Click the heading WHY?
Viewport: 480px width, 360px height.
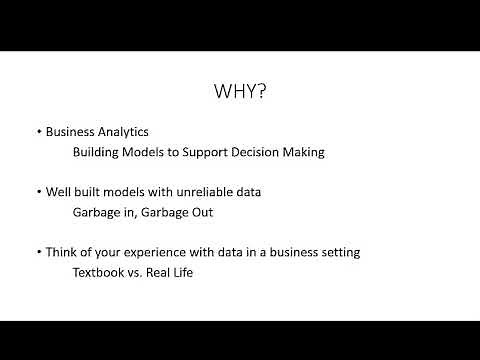point(240,92)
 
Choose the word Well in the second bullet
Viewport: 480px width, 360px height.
point(58,191)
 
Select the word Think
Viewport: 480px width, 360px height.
point(62,251)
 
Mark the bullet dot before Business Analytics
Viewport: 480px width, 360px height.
point(38,132)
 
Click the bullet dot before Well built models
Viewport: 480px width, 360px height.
point(38,191)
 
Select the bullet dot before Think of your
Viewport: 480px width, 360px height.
point(38,251)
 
